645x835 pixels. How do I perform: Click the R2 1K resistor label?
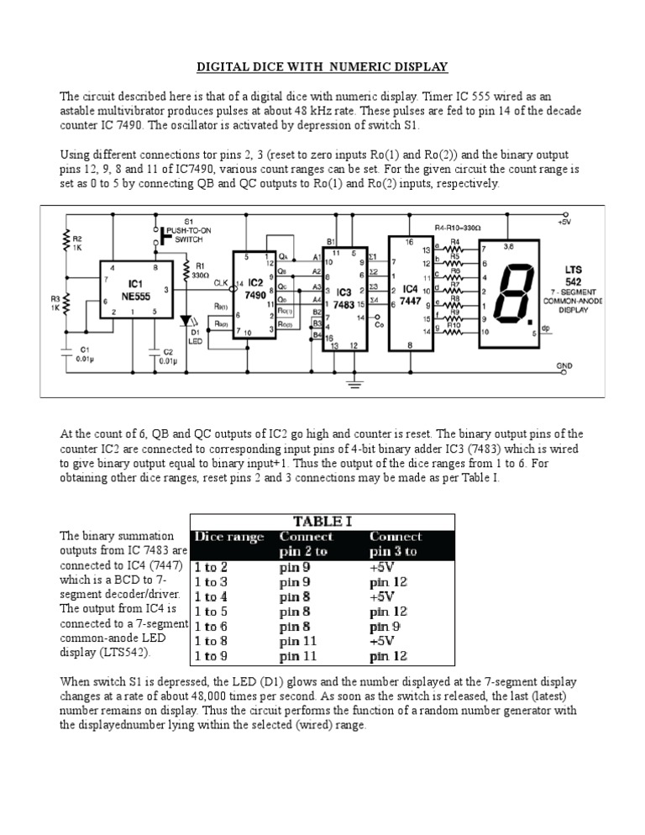(77, 244)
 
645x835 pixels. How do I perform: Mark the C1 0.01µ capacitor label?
(85, 354)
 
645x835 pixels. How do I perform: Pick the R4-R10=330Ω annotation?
(457, 227)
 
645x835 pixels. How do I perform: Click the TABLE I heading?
(322, 521)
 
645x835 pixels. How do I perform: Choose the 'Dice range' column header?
(228, 537)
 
